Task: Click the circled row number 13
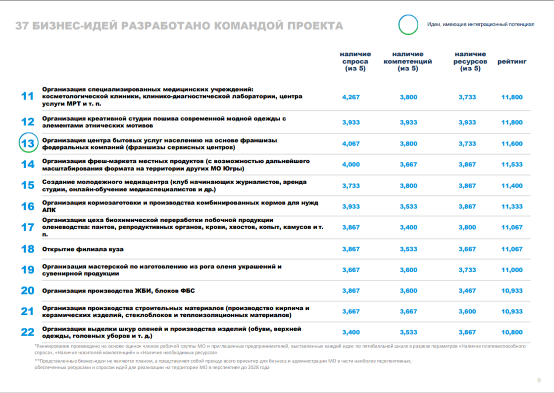pos(28,144)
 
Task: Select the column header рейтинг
pos(512,61)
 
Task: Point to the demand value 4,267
pos(351,97)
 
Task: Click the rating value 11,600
pos(512,144)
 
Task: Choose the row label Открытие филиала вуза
pos(83,249)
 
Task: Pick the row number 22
pos(28,332)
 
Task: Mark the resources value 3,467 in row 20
pos(467,291)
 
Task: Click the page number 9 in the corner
pos(539,380)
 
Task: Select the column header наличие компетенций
pos(408,61)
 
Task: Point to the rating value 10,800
pos(512,332)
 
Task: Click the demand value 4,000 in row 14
pos(351,164)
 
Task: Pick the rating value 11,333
pos(512,206)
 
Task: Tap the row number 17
pos(28,227)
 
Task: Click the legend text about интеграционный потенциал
pos(481,24)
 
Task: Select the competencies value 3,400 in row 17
pos(408,227)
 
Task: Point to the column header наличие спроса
pos(355,61)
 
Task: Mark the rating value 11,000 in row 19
pos(512,270)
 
